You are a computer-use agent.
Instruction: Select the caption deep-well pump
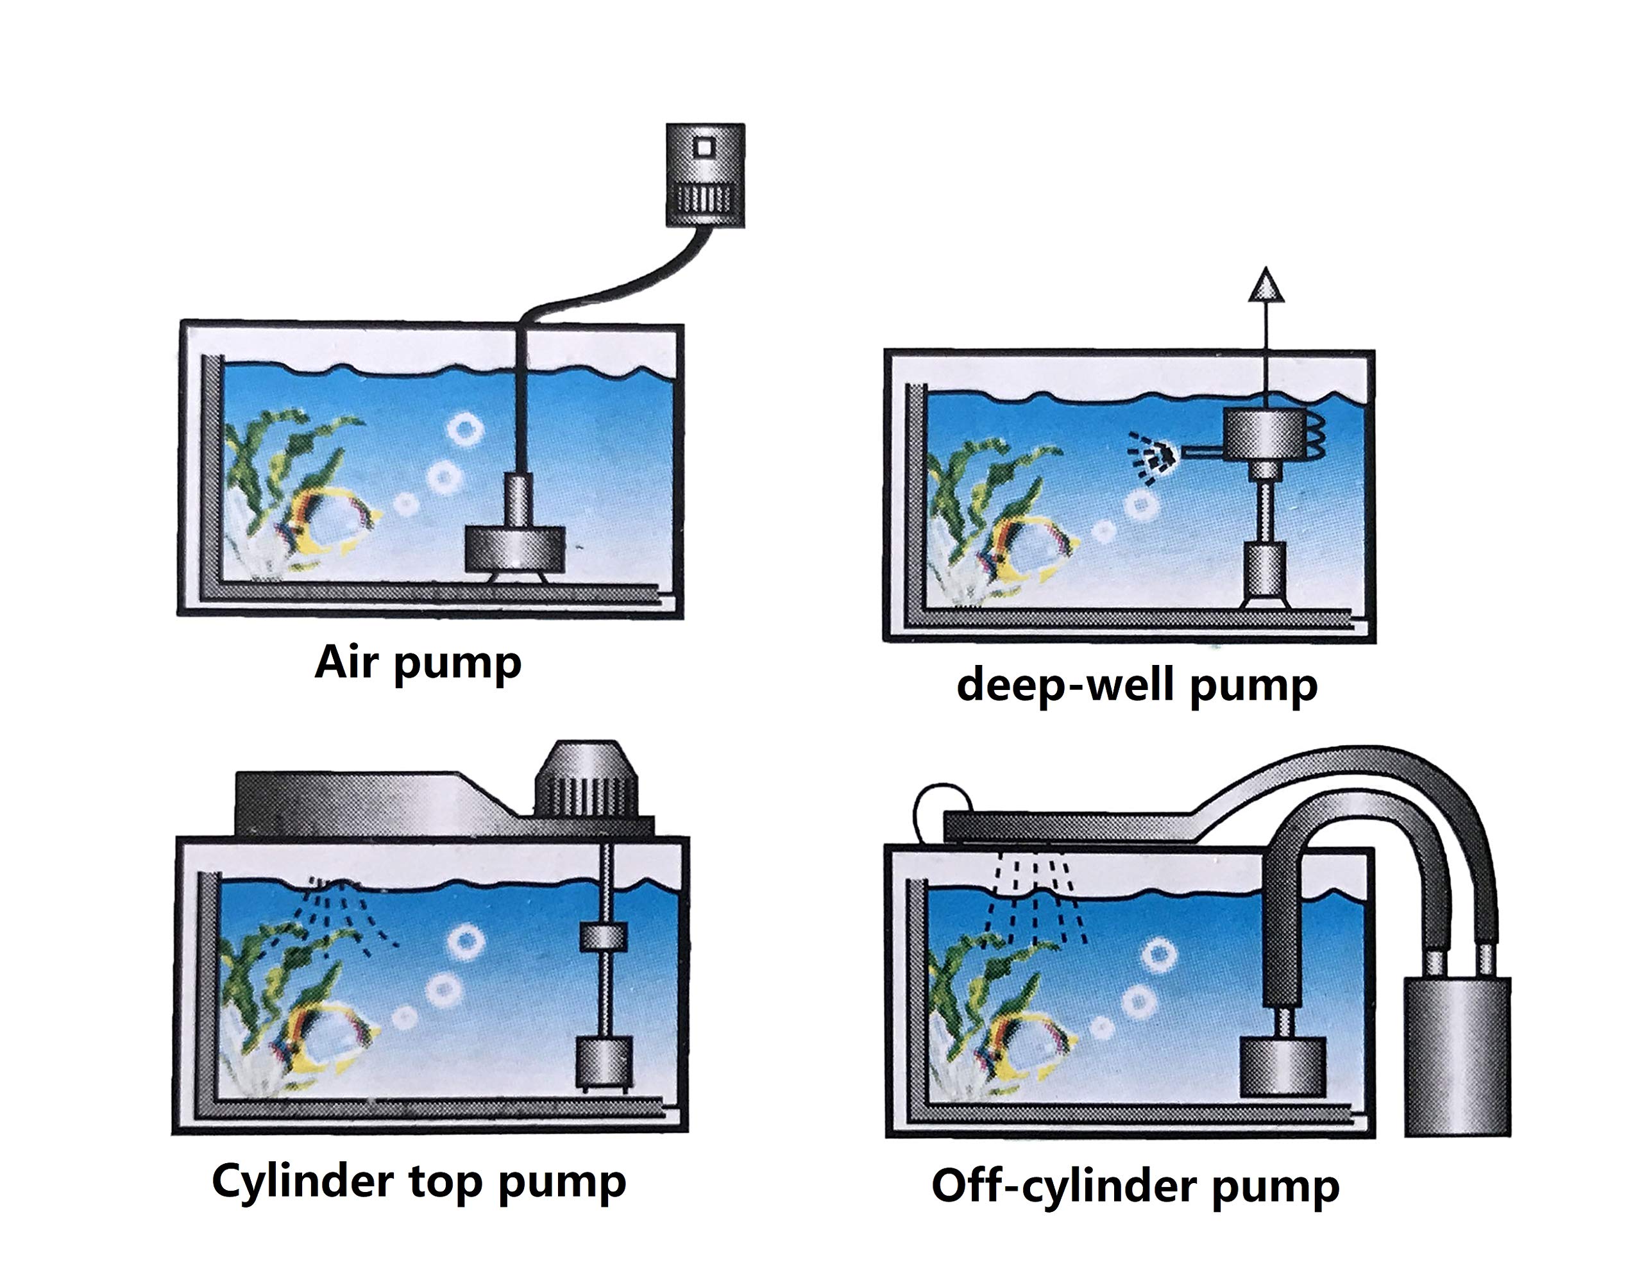[1136, 685]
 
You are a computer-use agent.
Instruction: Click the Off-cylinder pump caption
[1135, 1186]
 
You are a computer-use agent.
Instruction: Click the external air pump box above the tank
[705, 174]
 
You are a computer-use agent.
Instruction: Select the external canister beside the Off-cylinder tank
[1456, 1055]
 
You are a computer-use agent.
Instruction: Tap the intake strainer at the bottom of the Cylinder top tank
[604, 1063]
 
